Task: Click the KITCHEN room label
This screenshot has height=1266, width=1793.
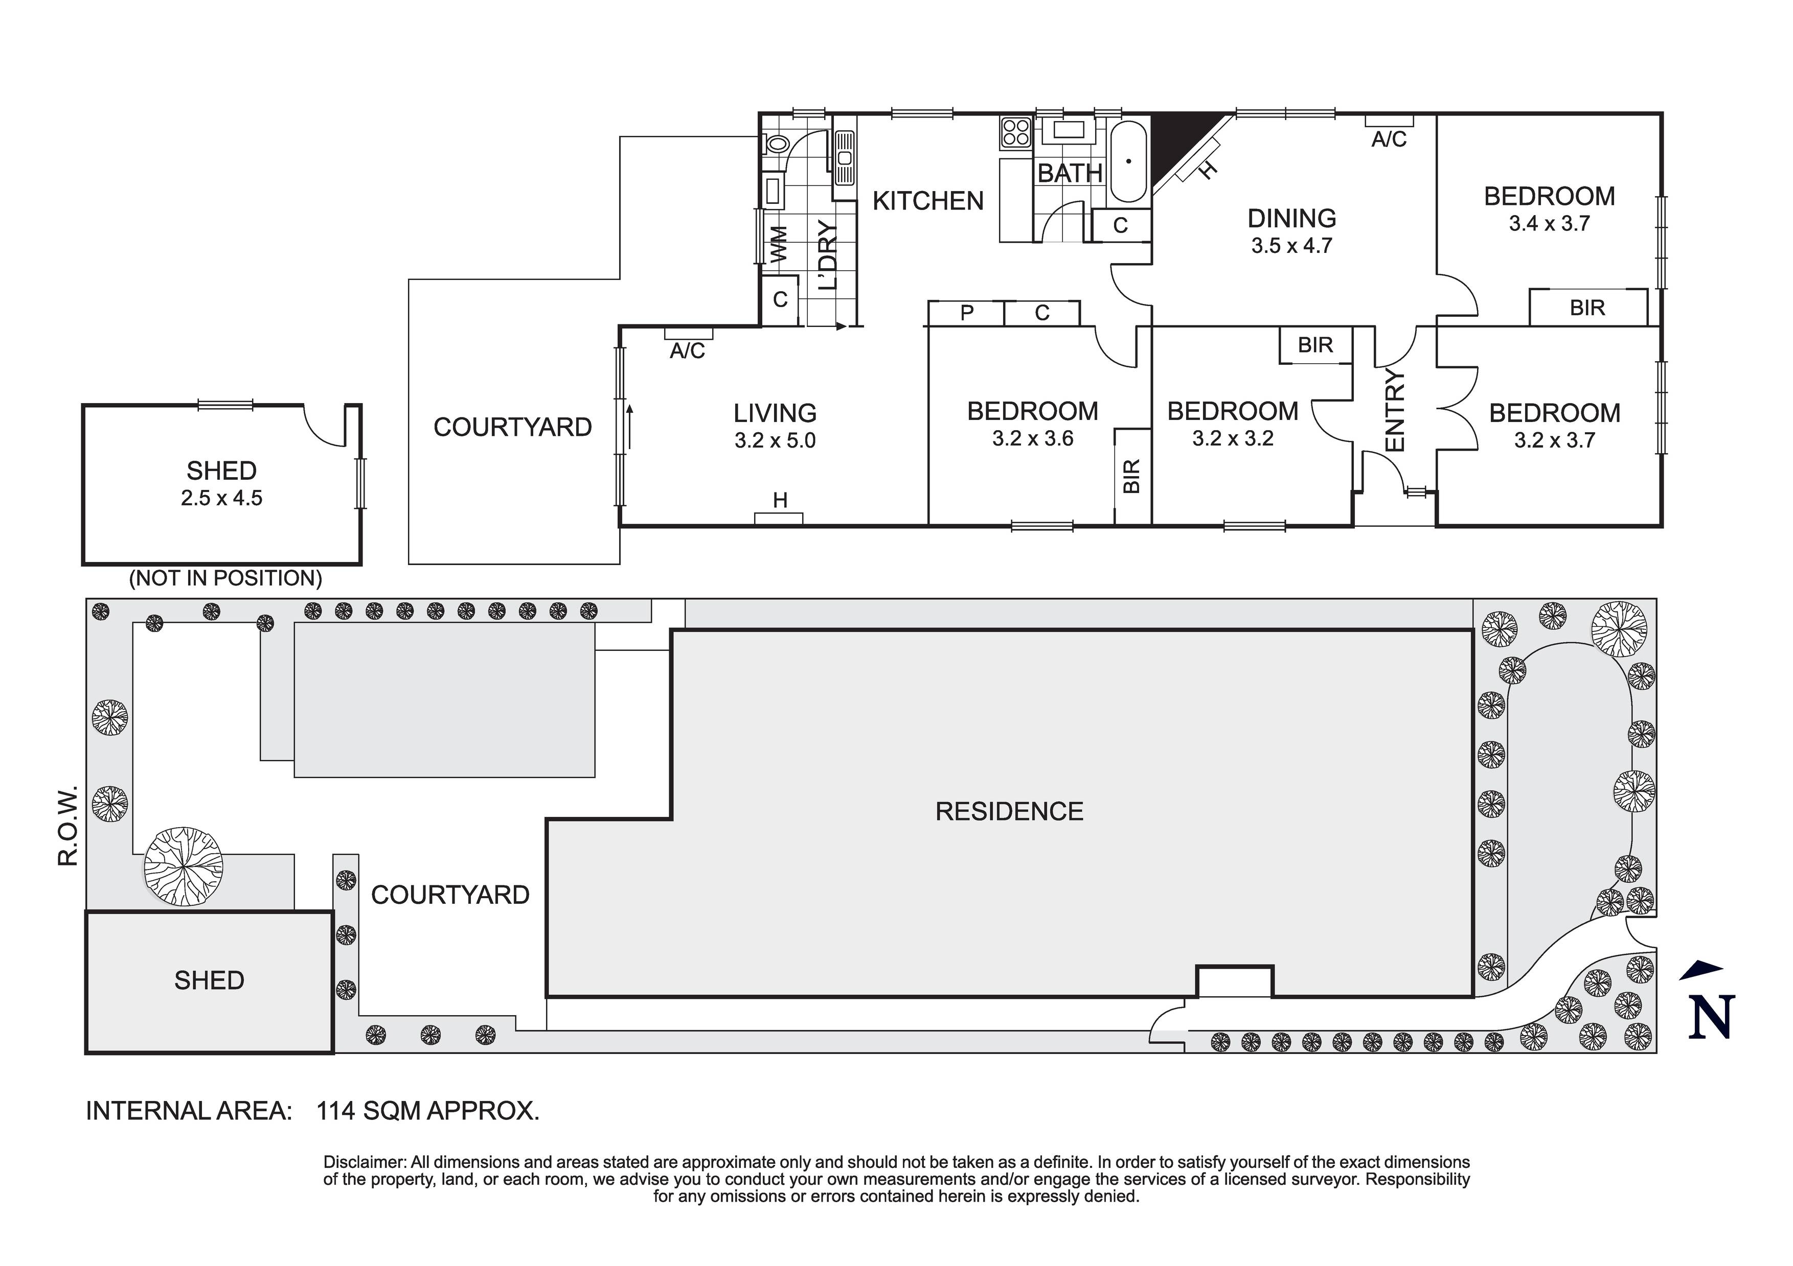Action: click(928, 201)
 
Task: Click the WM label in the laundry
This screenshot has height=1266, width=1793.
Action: click(779, 244)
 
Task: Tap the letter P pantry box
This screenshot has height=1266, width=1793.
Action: click(967, 313)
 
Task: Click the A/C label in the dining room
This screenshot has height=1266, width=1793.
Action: click(1389, 139)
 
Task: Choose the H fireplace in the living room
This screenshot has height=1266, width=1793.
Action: click(779, 501)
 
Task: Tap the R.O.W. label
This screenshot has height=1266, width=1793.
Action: click(69, 825)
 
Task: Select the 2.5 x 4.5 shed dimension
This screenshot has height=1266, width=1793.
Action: click(222, 498)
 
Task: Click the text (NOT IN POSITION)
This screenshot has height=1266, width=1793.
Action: click(225, 578)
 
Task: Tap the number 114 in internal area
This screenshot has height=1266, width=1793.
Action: click(336, 1111)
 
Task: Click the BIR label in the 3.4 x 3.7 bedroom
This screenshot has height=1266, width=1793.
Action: click(1587, 308)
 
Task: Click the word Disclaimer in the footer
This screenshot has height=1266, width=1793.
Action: click(365, 1162)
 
